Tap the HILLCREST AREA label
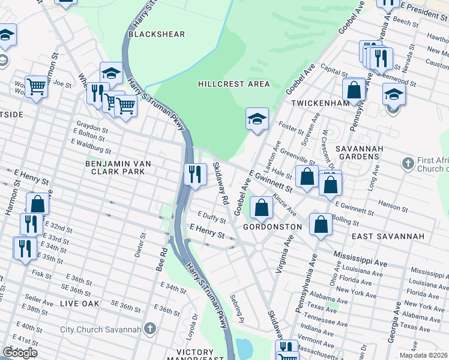[234, 84]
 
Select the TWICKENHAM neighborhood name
[321, 103]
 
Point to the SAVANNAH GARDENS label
[357, 152]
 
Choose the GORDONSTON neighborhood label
[272, 227]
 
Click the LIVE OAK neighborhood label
[79, 304]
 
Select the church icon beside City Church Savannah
[150, 329]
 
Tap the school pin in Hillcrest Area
[256, 119]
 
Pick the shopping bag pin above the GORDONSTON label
[262, 209]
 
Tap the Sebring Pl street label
[238, 306]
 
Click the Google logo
[20, 352]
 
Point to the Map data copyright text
[424, 355]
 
